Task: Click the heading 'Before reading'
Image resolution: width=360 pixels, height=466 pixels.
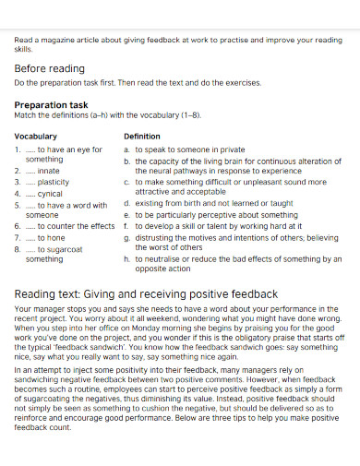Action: tap(49, 68)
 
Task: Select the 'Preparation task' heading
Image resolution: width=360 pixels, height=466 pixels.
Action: tap(51, 105)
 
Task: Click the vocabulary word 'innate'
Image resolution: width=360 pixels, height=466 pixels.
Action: tap(50, 171)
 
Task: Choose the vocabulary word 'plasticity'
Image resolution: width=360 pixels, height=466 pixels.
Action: tap(54, 182)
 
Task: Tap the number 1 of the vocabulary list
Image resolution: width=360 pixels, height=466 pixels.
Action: tap(18, 149)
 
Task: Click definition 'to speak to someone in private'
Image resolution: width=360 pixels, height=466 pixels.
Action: tap(190, 149)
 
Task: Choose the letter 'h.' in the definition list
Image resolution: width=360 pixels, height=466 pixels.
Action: tap(126, 259)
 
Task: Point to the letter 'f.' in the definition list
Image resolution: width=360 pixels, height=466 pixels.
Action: tap(126, 225)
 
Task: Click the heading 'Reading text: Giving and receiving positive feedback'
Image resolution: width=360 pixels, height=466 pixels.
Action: tap(146, 294)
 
